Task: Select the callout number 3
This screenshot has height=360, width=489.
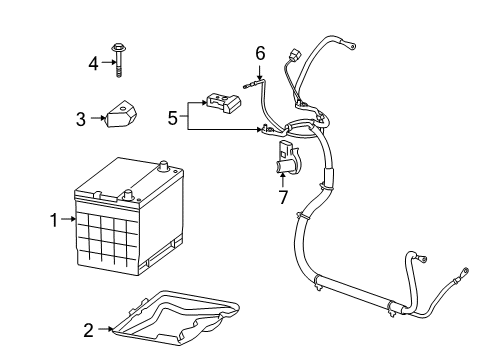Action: click(81, 118)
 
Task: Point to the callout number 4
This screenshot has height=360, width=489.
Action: click(93, 64)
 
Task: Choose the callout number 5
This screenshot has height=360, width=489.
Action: click(173, 117)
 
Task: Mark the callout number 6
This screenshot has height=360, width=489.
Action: click(260, 52)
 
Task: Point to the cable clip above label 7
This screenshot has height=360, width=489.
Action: click(283, 157)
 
